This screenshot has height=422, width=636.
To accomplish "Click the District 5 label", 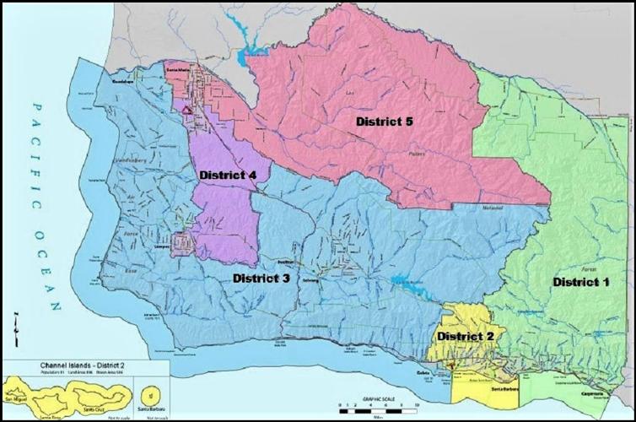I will click(x=384, y=122).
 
